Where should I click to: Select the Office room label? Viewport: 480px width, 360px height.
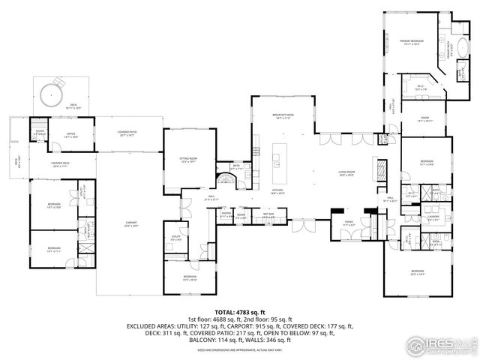pyautogui.click(x=70, y=135)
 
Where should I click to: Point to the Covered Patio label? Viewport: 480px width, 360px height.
pyautogui.click(x=126, y=133)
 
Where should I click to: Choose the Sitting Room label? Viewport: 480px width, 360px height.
pyautogui.click(x=187, y=160)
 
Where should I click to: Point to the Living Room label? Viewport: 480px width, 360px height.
pyautogui.click(x=346, y=175)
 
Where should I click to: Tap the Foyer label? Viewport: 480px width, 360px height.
pyautogui.click(x=349, y=223)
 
